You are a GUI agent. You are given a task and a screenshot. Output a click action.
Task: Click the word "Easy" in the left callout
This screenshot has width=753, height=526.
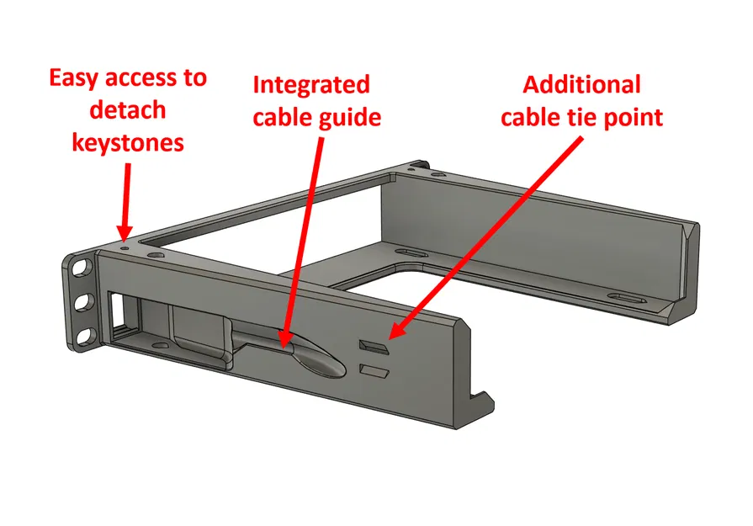click(x=76, y=78)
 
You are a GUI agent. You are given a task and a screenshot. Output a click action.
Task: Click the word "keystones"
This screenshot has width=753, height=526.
click(x=128, y=142)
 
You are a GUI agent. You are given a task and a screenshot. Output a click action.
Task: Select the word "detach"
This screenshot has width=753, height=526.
click(x=127, y=110)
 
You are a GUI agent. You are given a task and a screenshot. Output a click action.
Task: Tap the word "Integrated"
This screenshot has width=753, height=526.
click(x=310, y=85)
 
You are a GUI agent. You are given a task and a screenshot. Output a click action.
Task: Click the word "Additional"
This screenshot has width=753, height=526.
click(x=581, y=85)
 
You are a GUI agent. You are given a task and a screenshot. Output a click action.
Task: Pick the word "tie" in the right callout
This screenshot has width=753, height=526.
click(x=576, y=117)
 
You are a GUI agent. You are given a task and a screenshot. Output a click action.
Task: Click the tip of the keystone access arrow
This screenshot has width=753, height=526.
click(x=123, y=236)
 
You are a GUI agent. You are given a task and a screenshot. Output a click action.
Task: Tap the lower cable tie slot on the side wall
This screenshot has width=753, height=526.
click(x=372, y=369)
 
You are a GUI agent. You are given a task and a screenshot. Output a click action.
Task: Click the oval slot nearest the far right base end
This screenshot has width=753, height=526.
click(x=627, y=299)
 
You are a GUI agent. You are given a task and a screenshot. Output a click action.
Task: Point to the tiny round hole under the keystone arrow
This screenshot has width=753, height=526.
click(x=126, y=247)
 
